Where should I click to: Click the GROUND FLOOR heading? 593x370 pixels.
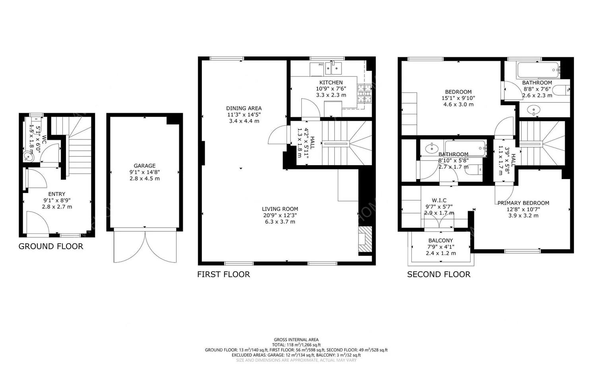51,246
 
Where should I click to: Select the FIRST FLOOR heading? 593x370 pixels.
223,274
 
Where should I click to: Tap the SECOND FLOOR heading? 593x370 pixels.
438,274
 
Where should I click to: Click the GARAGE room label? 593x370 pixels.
145,166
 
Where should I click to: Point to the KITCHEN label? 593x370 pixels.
331,83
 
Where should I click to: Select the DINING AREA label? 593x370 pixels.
244,108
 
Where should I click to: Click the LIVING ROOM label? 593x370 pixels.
280,209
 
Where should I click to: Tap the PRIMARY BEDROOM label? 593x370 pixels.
523,203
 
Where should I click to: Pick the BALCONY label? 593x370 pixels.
440,240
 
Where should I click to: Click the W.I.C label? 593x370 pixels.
439,200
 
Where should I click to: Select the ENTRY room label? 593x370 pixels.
57,194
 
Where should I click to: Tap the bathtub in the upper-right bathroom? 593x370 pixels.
539,70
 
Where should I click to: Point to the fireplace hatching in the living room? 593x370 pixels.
365,240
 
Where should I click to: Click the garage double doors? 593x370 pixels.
145,246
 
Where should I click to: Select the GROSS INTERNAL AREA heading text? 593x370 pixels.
296,339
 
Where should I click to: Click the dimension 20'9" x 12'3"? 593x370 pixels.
280,215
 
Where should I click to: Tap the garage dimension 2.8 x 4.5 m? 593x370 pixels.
145,178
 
